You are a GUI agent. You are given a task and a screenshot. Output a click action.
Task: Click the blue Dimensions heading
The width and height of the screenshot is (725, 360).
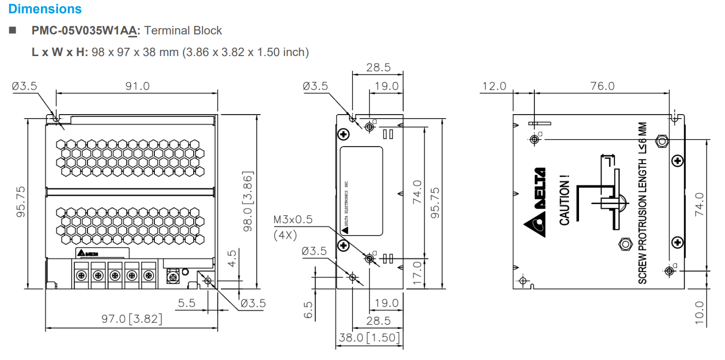pyautogui.click(x=45, y=9)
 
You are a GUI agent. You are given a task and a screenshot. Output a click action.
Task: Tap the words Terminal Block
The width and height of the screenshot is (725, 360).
pyautogui.click(x=183, y=30)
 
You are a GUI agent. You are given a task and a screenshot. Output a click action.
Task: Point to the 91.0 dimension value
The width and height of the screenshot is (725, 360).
pyautogui.click(x=138, y=86)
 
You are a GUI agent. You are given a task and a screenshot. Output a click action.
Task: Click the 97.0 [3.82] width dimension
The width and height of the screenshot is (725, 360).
pyautogui.click(x=132, y=319)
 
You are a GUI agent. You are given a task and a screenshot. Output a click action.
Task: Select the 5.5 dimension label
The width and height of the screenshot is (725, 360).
pyautogui.click(x=186, y=303)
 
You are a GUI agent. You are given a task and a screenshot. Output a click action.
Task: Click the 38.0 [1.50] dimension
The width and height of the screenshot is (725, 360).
pyautogui.click(x=369, y=338)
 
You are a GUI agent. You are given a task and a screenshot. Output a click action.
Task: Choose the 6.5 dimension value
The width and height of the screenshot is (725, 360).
pyautogui.click(x=308, y=310)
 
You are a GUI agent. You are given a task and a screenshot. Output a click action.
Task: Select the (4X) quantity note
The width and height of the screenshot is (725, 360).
pyautogui.click(x=285, y=235)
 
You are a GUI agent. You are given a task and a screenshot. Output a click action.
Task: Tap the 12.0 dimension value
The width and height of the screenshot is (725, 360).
pyautogui.click(x=494, y=86)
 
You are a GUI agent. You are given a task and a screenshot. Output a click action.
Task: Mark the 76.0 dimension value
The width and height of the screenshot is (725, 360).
pyautogui.click(x=603, y=86)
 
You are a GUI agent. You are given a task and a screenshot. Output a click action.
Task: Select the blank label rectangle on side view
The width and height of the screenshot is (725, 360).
pyautogui.click(x=361, y=190)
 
